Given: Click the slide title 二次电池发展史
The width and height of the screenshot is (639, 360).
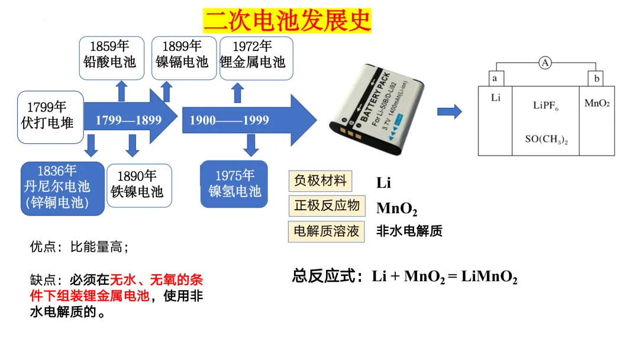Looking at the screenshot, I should [288, 20].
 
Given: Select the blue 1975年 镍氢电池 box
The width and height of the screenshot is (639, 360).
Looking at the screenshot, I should [235, 184].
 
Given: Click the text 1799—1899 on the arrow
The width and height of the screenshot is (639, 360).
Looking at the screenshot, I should [128, 120].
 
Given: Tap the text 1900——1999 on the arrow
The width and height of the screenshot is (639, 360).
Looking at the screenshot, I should [229, 120].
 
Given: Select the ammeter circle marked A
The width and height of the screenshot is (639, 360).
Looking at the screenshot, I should [545, 62].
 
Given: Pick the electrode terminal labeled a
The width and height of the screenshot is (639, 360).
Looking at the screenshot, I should [495, 79].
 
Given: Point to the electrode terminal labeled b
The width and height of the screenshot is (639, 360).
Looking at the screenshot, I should [596, 79].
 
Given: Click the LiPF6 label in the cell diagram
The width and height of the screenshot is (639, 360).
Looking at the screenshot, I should [546, 107].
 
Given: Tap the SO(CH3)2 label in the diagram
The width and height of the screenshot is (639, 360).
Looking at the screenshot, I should [546, 140].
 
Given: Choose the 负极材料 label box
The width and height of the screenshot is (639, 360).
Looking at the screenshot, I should [320, 181].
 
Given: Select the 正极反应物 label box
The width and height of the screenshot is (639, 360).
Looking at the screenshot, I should [327, 206].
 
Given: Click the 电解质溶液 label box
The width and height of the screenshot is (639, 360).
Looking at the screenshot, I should [327, 231].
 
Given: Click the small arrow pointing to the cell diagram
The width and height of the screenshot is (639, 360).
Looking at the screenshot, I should [449, 111].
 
